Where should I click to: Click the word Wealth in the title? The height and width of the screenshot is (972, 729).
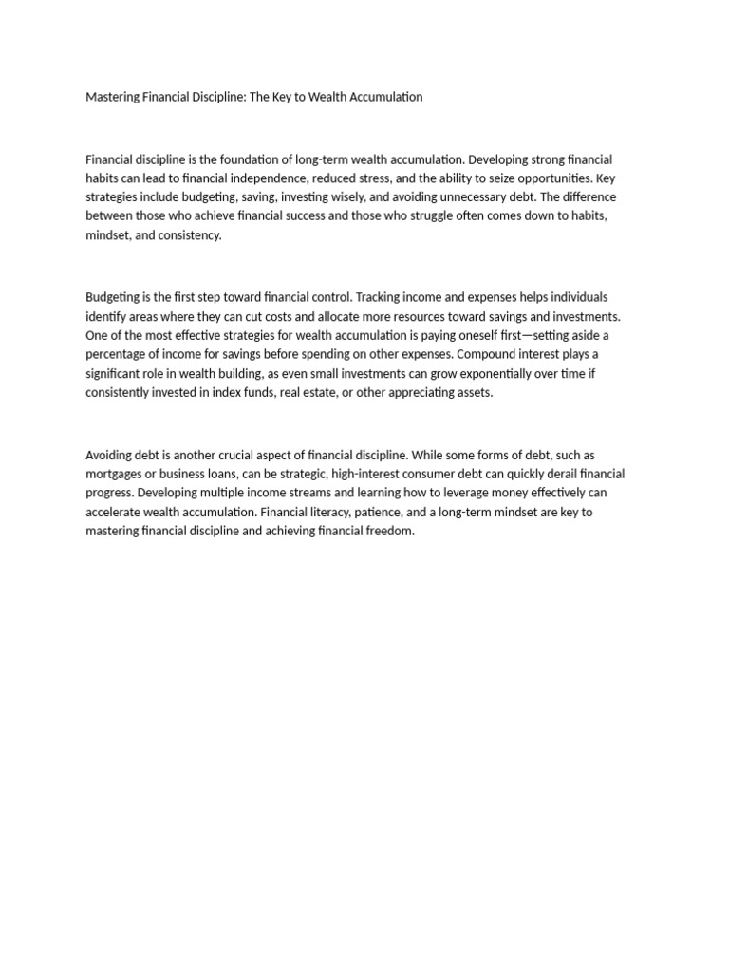[x=328, y=97]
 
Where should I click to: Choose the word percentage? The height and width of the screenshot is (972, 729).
[x=118, y=354]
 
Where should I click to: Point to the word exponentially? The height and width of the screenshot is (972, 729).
[x=494, y=373]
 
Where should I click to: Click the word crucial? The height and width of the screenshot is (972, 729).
[x=253, y=455]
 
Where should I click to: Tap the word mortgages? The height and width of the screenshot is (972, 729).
[x=118, y=474]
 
